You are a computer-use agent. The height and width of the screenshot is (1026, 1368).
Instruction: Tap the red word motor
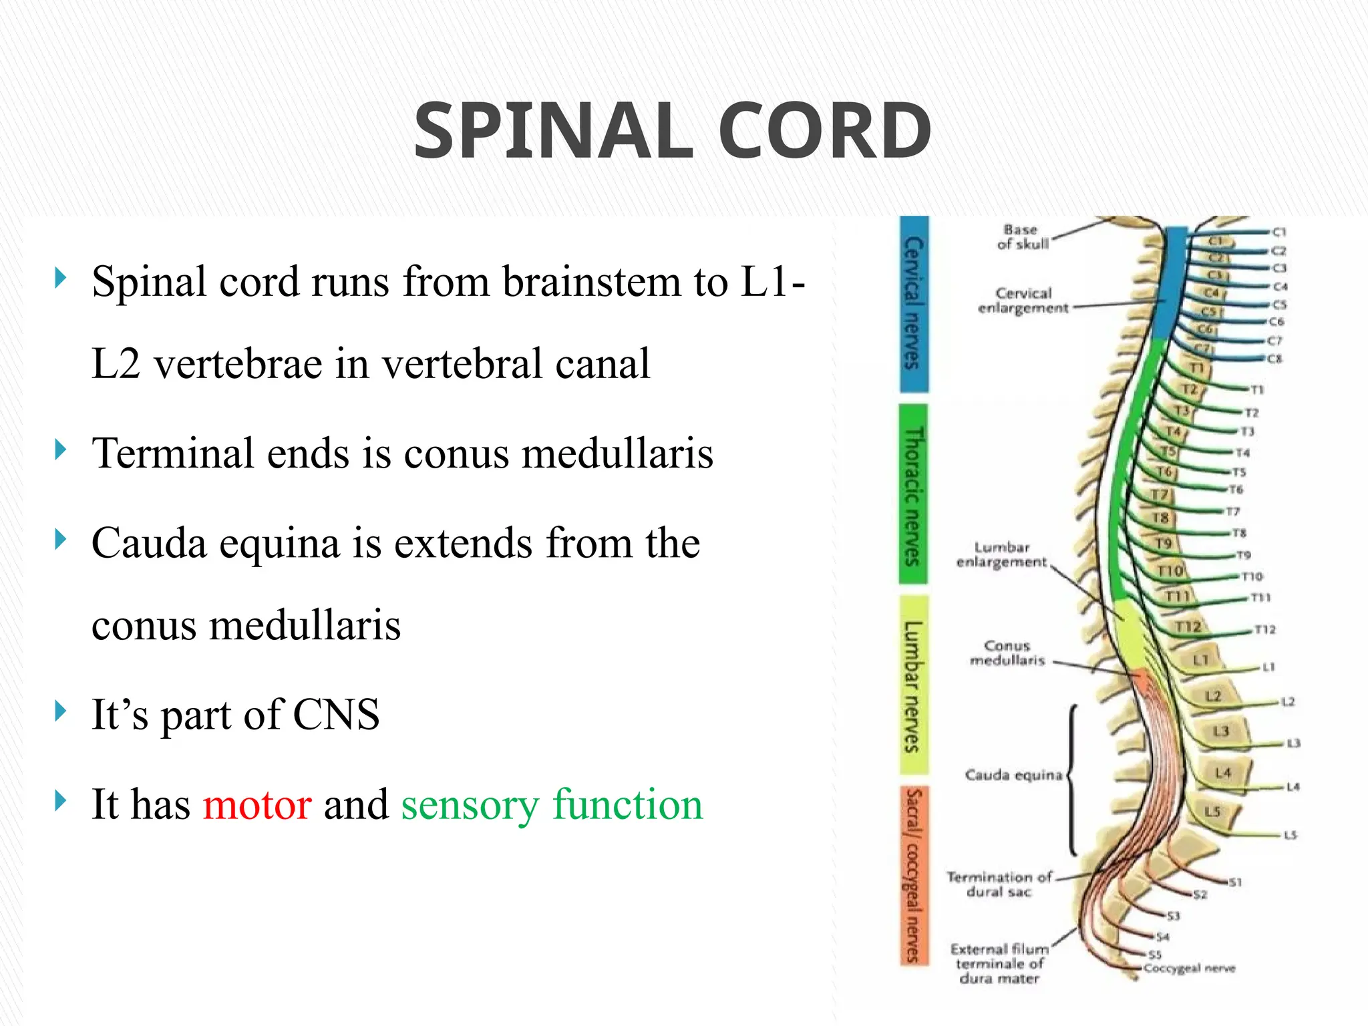click(257, 804)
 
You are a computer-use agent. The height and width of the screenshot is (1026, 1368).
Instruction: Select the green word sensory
click(469, 805)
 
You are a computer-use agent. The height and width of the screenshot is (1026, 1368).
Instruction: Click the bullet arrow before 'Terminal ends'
click(61, 450)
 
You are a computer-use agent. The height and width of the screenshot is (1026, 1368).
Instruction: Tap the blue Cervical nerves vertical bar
click(913, 304)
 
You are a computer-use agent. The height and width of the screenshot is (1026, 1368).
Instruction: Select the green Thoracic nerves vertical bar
click(913, 494)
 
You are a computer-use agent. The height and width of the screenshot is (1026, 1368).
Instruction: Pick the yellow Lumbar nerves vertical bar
click(913, 686)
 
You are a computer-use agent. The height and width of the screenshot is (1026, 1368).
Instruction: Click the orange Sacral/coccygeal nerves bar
click(913, 875)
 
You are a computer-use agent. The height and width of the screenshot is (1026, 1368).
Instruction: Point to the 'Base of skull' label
click(1022, 237)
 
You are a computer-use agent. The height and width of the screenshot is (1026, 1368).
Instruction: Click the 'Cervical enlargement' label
click(1023, 301)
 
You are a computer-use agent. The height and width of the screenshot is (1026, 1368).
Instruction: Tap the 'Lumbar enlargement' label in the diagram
click(1001, 554)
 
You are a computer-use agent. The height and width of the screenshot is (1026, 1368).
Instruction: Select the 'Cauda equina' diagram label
click(1013, 775)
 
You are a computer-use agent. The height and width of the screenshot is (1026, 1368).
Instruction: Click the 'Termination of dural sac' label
click(999, 884)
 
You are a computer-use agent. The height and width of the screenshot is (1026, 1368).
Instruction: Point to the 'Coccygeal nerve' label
click(1190, 968)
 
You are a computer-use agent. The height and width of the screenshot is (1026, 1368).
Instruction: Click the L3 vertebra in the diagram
click(1220, 731)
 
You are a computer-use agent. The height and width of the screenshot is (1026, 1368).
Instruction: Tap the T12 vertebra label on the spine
click(1188, 627)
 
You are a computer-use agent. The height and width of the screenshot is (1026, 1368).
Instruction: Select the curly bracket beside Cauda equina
click(1072, 779)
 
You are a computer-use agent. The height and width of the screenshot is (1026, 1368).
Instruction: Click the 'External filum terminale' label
click(999, 963)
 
